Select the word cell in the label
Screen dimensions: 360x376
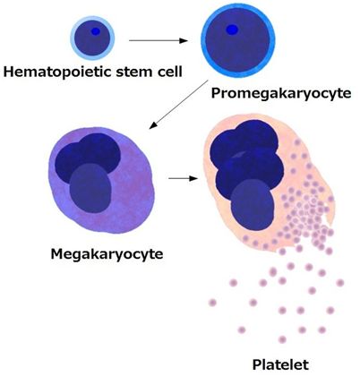pos(168,72)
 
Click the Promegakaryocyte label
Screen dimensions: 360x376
pos(281,93)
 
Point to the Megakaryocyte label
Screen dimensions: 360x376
pos(107,254)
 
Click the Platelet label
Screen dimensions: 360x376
pos(280,364)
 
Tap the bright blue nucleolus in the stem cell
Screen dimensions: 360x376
pos(96,31)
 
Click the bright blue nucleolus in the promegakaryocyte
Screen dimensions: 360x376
pos(232,30)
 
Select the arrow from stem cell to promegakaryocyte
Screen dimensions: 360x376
pos(159,40)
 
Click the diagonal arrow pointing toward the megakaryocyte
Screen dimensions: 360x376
pos(178,105)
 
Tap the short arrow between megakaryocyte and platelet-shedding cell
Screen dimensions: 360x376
pos(184,178)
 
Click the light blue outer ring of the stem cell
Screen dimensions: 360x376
pos(72,38)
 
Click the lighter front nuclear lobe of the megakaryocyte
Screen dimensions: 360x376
pos(90,188)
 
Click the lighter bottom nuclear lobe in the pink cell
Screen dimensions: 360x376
pos(253,206)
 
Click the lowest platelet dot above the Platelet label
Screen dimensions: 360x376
pos(282,339)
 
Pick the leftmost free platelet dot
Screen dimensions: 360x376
pos(212,303)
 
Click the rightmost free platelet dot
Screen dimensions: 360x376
pos(340,283)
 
